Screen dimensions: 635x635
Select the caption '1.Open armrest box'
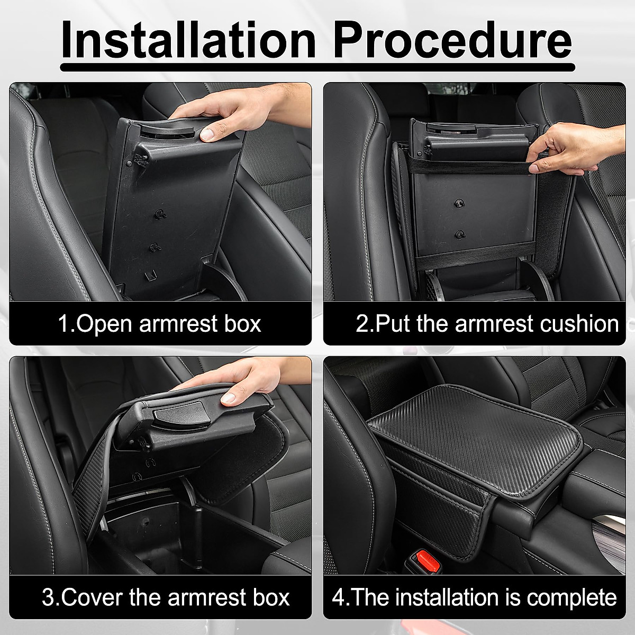159,323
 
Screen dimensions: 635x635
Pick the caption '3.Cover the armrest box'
166,597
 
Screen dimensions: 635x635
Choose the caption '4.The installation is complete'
474,597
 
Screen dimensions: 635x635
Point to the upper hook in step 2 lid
456,204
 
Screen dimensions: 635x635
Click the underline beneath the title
317,67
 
